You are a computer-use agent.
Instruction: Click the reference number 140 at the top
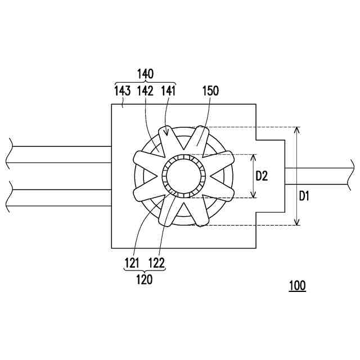click(x=145, y=74)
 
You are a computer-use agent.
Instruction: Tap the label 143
click(x=123, y=91)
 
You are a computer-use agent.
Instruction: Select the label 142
click(x=145, y=91)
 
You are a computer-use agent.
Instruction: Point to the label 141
click(x=168, y=91)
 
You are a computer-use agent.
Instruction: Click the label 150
click(x=210, y=91)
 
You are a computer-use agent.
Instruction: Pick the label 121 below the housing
click(x=132, y=263)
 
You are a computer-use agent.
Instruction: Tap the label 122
click(x=156, y=263)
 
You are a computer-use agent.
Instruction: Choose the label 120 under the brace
click(x=145, y=280)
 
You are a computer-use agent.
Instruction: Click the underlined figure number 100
click(x=298, y=286)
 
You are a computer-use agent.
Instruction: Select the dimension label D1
click(x=304, y=196)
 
